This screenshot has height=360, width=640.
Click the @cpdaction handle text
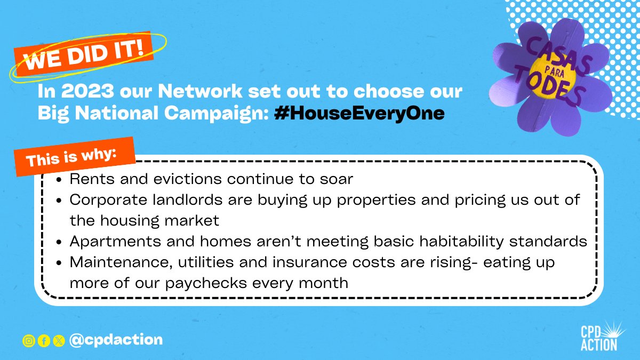click(x=116, y=340)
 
